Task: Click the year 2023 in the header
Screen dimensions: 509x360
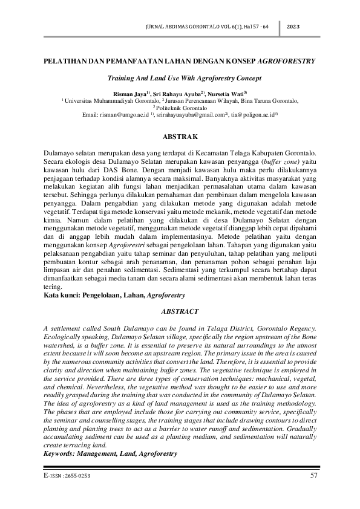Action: (x=293, y=27)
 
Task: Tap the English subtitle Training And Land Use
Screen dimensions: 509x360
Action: (x=151, y=79)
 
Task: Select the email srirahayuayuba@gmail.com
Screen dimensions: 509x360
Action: (x=190, y=114)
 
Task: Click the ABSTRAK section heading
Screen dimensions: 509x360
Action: (x=180, y=138)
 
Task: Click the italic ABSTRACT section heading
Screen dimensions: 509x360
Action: (x=180, y=311)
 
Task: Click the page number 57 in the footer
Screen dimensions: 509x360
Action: (x=313, y=476)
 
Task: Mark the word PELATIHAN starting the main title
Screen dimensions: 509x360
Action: (x=65, y=62)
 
